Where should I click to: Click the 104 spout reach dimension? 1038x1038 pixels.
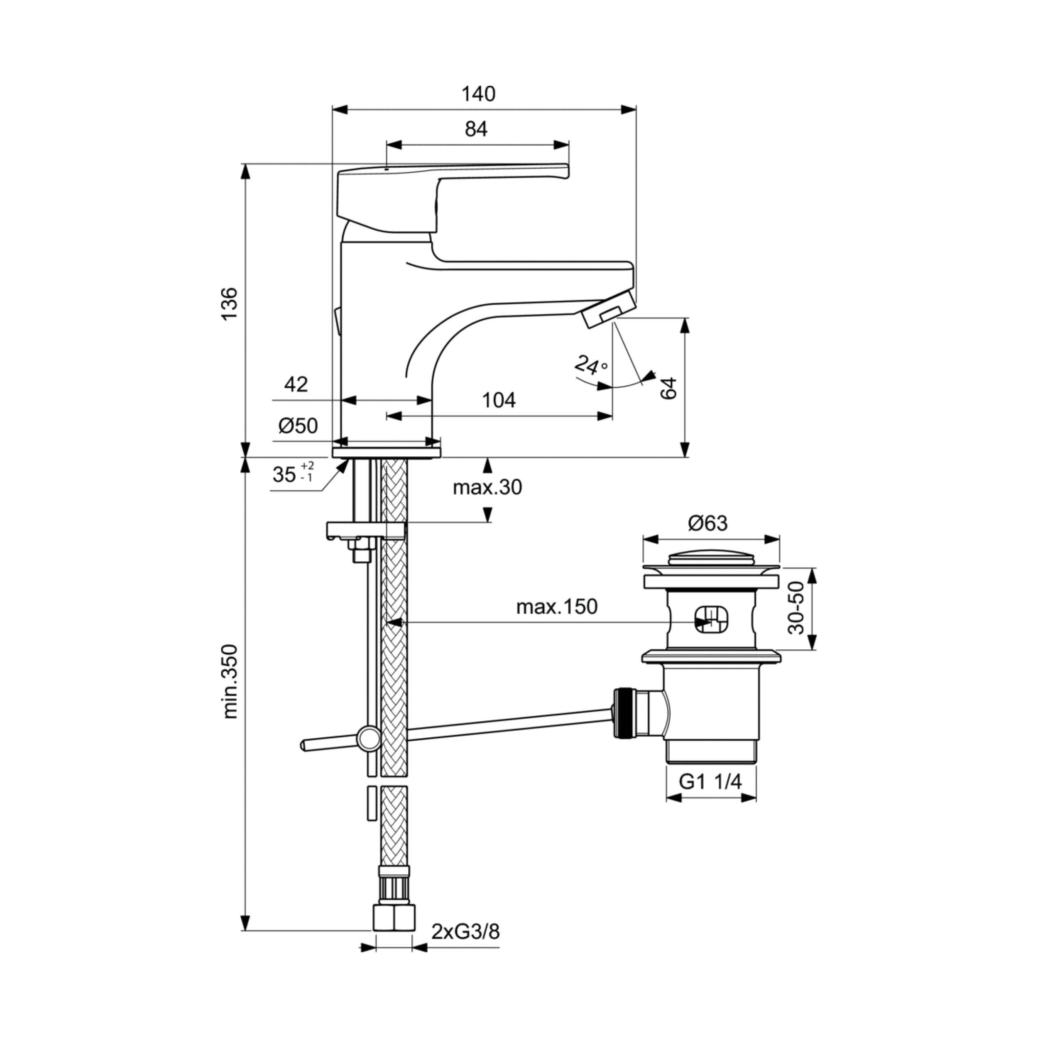(x=499, y=400)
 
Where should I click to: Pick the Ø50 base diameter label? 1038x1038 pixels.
(x=298, y=426)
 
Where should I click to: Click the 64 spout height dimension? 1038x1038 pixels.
(x=668, y=388)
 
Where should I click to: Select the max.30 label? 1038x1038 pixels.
(x=487, y=487)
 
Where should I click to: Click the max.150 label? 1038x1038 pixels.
(x=557, y=607)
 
